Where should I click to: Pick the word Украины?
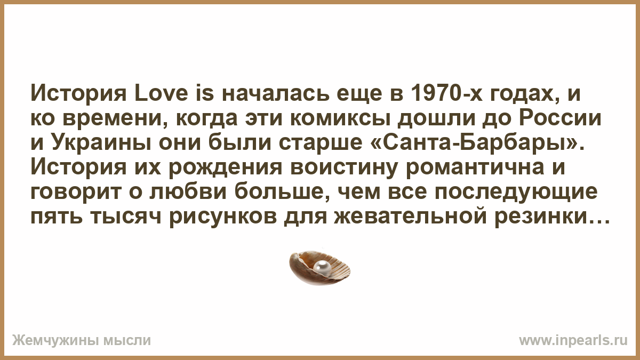(x=101, y=142)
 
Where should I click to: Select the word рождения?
(x=226, y=167)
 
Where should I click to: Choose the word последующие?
(x=516, y=191)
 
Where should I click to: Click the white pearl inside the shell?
(x=322, y=269)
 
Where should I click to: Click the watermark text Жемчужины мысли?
(x=82, y=341)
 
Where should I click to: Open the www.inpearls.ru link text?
(x=573, y=341)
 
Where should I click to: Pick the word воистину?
(x=344, y=167)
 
